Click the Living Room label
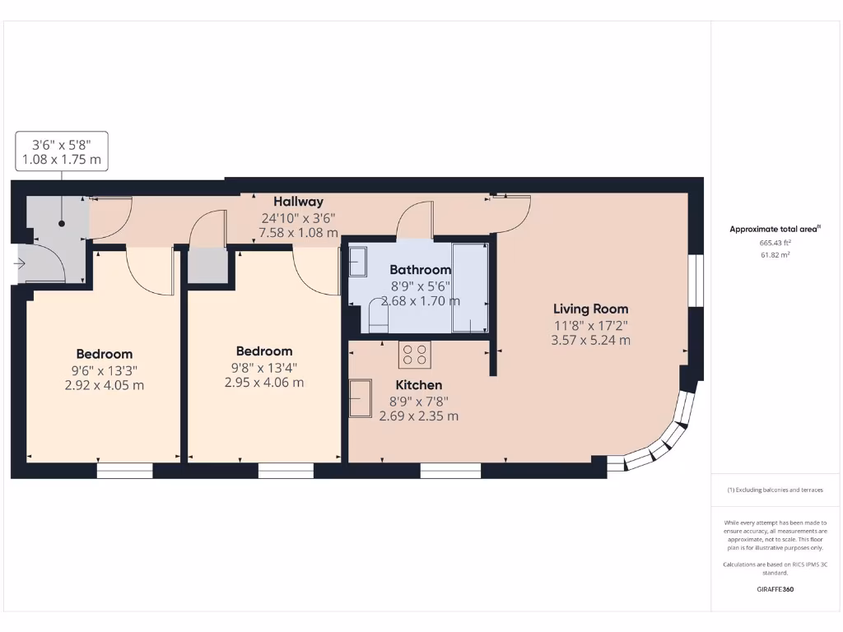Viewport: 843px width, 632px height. coord(590,309)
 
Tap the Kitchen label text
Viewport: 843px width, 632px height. coord(418,384)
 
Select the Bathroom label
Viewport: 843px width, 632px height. coord(420,270)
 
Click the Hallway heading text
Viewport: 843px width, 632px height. coord(298,202)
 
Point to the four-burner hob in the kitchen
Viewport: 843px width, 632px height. coord(414,355)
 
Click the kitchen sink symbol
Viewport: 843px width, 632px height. coord(360,398)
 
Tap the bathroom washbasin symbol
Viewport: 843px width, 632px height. coord(358,263)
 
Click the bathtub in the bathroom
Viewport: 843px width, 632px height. coord(470,286)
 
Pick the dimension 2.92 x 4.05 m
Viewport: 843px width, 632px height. coord(104,384)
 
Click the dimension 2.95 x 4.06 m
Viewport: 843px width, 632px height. coord(263,382)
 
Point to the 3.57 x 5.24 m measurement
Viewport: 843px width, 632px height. coord(590,340)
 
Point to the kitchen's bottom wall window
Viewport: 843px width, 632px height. coord(450,471)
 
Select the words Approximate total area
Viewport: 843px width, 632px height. coord(775,230)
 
